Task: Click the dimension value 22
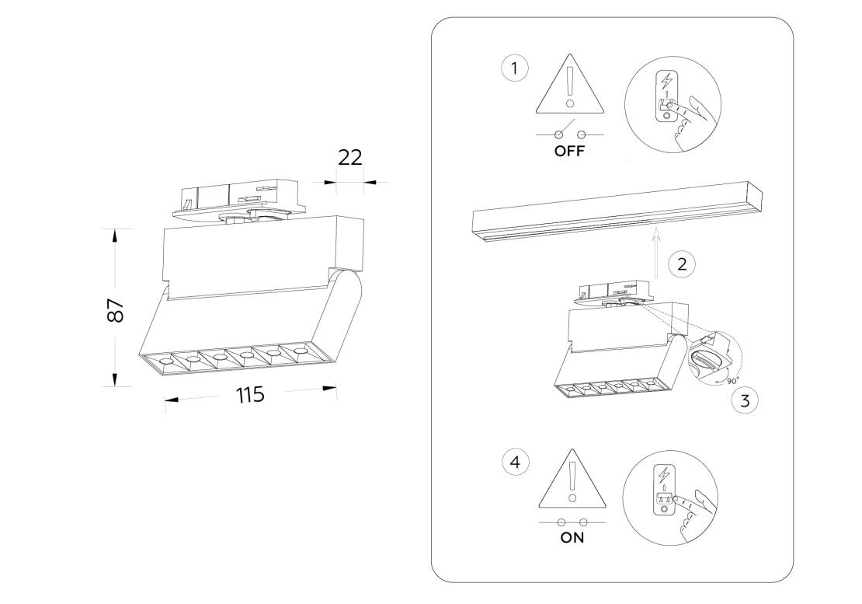pyautogui.click(x=350, y=157)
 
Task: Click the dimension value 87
pyautogui.click(x=115, y=311)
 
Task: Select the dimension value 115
pyautogui.click(x=250, y=395)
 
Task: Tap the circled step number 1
pyautogui.click(x=514, y=68)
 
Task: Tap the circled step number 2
pyautogui.click(x=681, y=264)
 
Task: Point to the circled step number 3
pyautogui.click(x=745, y=400)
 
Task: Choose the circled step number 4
pyautogui.click(x=514, y=463)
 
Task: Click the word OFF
pyautogui.click(x=569, y=152)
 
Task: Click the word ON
pyautogui.click(x=572, y=537)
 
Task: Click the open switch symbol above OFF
pyautogui.click(x=569, y=133)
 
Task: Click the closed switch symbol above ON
pyautogui.click(x=572, y=522)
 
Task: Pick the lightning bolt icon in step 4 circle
pyautogui.click(x=663, y=473)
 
